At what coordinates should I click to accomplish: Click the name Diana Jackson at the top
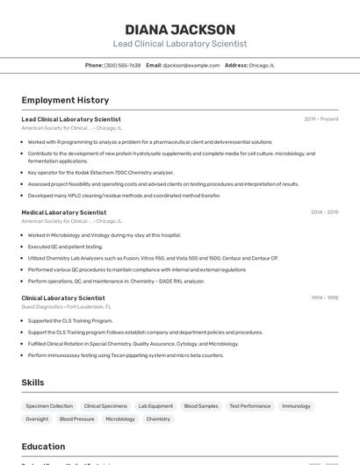point(180,29)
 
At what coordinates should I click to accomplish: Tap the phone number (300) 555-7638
point(122,65)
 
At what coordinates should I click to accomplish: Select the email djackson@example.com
point(191,65)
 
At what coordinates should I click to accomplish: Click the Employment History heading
point(65,100)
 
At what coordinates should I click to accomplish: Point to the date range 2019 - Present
point(320,119)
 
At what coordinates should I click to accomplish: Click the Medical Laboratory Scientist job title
point(64,212)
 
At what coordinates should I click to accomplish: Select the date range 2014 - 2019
point(324,212)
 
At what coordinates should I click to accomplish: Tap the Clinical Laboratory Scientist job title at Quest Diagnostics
point(63,298)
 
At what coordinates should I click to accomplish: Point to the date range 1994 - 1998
point(324,298)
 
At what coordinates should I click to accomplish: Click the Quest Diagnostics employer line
point(67,307)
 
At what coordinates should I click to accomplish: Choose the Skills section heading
point(32,383)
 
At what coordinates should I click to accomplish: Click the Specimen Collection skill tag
point(49,406)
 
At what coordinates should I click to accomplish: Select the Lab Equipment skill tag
point(155,406)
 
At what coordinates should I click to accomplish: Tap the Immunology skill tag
point(296,406)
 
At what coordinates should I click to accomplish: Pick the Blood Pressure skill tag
point(76,419)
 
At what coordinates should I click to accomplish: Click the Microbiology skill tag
point(120,419)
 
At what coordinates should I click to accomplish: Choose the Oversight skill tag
point(37,419)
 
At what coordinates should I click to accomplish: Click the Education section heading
point(43,447)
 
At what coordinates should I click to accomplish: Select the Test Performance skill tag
point(249,406)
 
